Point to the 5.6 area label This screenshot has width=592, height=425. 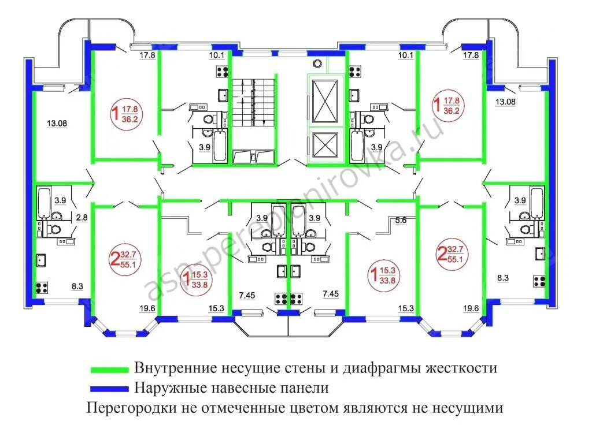401,219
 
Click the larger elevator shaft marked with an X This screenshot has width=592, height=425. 324,100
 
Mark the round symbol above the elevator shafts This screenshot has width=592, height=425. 316,63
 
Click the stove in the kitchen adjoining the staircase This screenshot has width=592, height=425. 222,72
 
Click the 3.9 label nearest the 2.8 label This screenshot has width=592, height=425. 60,200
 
